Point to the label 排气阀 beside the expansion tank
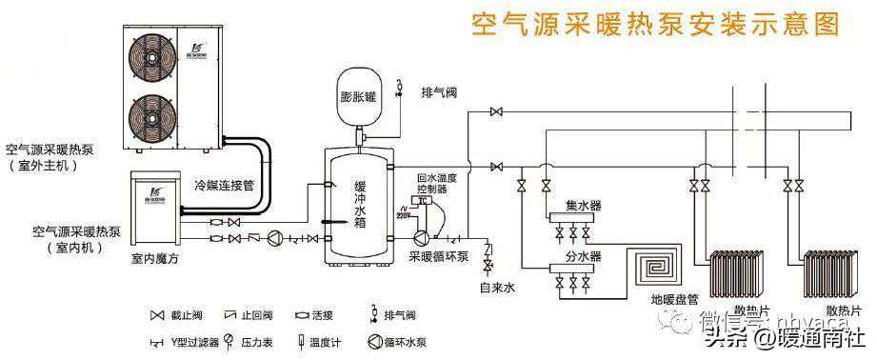(439, 92)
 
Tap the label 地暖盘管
(671, 299)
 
